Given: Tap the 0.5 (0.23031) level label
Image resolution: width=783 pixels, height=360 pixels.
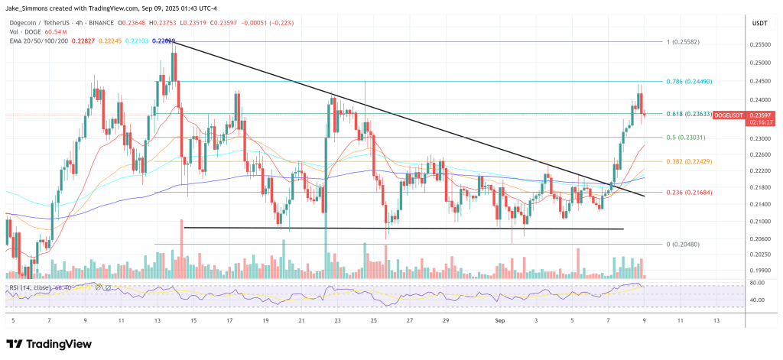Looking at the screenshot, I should point(690,138).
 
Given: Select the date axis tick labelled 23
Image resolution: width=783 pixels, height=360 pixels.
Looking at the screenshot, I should point(336,321).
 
